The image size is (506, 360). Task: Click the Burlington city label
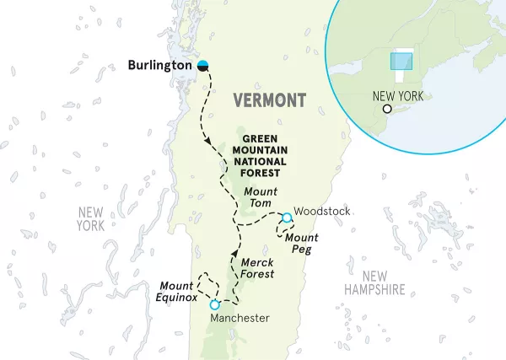[x=160, y=65]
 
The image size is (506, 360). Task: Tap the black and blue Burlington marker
[x=203, y=65]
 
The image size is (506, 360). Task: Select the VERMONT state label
[x=270, y=100]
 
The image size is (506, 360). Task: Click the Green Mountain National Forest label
[x=264, y=151]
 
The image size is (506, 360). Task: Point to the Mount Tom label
[x=260, y=192]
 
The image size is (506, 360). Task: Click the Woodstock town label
[x=322, y=211]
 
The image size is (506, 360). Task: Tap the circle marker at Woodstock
[x=287, y=218]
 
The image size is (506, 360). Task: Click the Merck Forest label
[x=258, y=268]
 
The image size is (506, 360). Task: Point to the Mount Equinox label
[x=176, y=291]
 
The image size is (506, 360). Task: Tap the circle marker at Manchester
[x=215, y=304]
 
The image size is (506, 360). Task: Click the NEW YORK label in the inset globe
[x=397, y=96]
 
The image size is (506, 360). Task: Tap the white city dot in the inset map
[x=387, y=109]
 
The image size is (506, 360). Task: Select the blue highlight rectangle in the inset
[x=401, y=62]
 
